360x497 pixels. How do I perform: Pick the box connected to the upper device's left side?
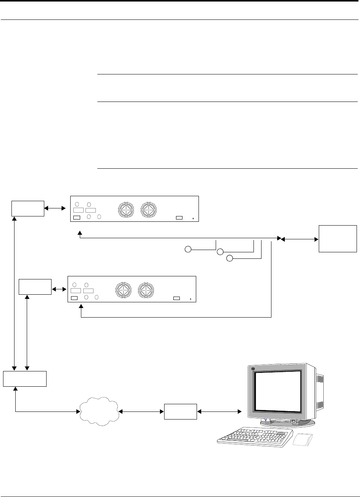click(x=28, y=208)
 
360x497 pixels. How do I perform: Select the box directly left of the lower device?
click(x=35, y=286)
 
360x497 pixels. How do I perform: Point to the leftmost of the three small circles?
click(x=187, y=250)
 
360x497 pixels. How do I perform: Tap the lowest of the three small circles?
click(x=229, y=258)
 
